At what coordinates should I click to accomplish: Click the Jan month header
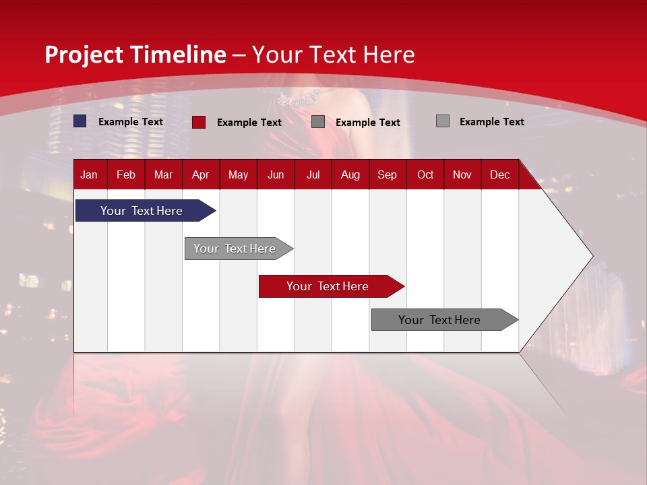[x=89, y=174]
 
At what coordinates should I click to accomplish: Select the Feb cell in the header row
[x=126, y=174]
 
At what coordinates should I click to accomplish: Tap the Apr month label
[x=200, y=174]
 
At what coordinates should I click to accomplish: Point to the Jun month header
[x=276, y=174]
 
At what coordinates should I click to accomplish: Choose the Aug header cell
[x=350, y=174]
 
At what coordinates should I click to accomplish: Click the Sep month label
[x=387, y=174]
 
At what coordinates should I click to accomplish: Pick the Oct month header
[x=425, y=174]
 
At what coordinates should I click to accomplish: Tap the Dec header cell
[x=499, y=174]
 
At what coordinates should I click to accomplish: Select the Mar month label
[x=163, y=174]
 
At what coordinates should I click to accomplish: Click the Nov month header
[x=462, y=174]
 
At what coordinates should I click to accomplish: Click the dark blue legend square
[x=80, y=121]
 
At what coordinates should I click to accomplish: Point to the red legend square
[x=199, y=122]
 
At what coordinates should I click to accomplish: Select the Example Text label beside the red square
[x=249, y=123]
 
